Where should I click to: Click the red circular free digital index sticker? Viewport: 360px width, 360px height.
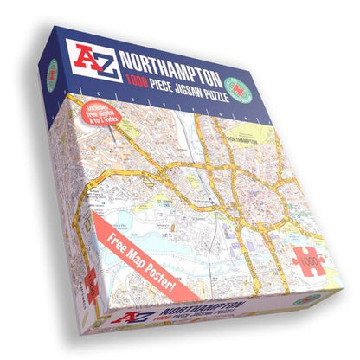[x=100, y=119]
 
